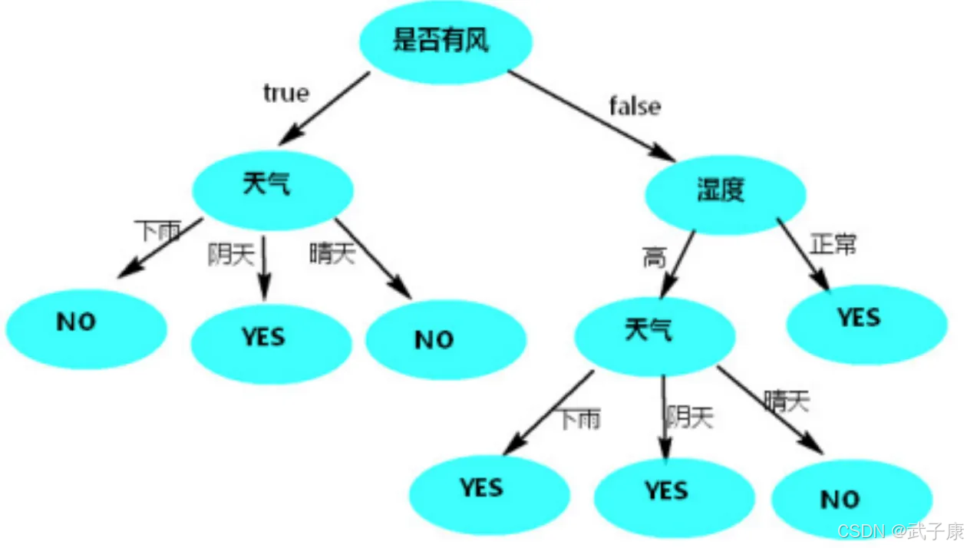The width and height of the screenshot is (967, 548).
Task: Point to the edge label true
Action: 286,94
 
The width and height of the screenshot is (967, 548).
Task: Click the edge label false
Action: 635,106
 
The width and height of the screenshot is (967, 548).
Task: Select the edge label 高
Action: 654,258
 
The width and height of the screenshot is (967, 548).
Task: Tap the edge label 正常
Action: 833,245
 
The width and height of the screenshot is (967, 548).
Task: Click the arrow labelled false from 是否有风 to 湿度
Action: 591,116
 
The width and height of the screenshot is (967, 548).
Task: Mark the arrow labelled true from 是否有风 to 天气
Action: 325,108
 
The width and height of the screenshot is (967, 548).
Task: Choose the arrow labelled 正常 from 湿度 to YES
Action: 803,254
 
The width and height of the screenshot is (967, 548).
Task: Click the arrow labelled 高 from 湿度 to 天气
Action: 678,263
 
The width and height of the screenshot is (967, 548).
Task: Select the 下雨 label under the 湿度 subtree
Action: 579,419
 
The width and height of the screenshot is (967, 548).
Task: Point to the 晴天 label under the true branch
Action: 332,254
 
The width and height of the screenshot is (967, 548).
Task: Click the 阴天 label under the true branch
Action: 230,255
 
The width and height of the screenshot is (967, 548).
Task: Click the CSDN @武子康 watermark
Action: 899,531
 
